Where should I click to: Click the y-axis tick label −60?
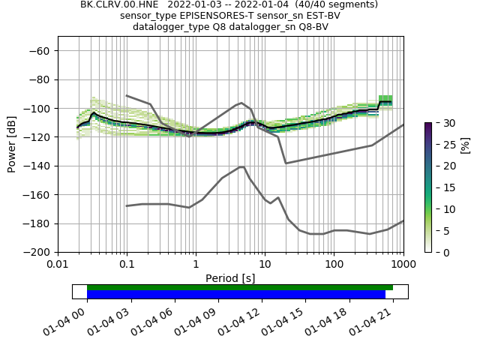pyautogui.click(x=38, y=51)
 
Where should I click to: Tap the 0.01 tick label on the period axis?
pyautogui.click(x=58, y=265)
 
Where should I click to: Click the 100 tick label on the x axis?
pyautogui.click(x=334, y=265)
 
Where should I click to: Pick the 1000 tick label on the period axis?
pyautogui.click(x=403, y=265)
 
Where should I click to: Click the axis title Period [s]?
pyautogui.click(x=230, y=277)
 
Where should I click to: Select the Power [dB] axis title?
pyautogui.click(x=12, y=144)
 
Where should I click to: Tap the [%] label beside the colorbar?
pyautogui.click(x=465, y=144)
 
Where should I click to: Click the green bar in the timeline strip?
pyautogui.click(x=240, y=287)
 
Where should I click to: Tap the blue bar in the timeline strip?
pyautogui.click(x=236, y=294)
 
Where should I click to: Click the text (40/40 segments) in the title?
pyautogui.click(x=334, y=4)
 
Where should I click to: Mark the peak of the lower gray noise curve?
pyautogui.click(x=241, y=166)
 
